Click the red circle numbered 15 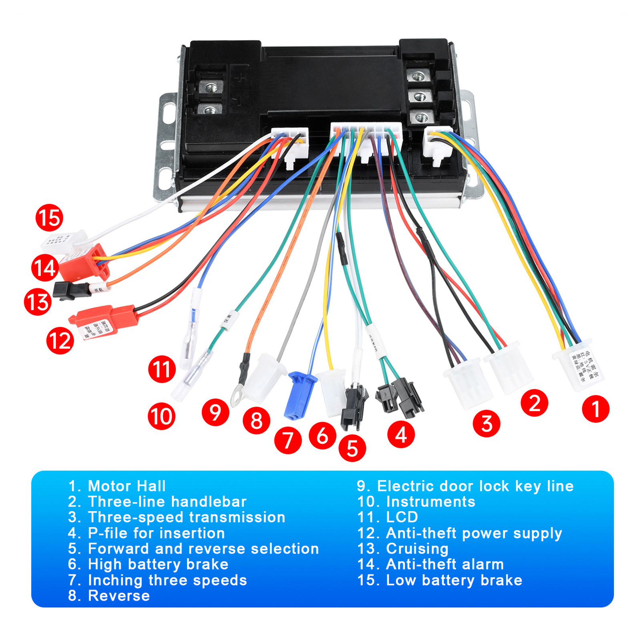point(49,218)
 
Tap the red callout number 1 point(596,409)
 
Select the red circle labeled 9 point(215,412)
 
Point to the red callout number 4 point(401,434)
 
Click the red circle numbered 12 point(60,341)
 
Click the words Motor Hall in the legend point(126,486)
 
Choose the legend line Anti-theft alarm point(444,564)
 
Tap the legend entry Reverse point(119,596)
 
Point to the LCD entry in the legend point(402,517)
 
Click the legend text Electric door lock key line point(475,486)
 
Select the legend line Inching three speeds point(167,580)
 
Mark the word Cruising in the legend point(417,548)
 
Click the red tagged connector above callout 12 point(105,320)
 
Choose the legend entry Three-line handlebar point(167,502)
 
